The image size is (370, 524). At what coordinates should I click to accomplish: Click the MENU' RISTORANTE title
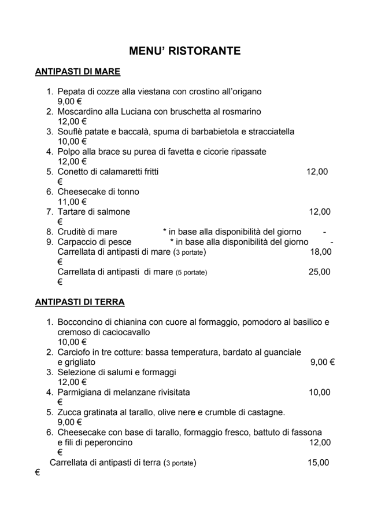click(184, 51)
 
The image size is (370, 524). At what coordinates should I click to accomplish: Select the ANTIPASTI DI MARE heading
click(77, 72)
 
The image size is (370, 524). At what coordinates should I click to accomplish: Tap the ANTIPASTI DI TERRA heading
click(80, 302)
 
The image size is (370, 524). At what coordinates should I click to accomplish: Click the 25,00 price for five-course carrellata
click(319, 272)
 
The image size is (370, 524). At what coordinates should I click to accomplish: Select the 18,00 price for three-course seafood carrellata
click(321, 252)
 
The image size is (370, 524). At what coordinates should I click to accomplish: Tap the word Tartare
click(73, 212)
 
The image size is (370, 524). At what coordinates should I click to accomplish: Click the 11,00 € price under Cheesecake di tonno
click(72, 202)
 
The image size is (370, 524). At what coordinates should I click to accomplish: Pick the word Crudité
click(73, 232)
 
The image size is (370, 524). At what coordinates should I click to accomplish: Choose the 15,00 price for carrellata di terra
click(318, 463)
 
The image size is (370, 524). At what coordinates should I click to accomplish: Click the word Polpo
click(68, 152)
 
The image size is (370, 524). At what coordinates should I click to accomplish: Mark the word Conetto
click(74, 171)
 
